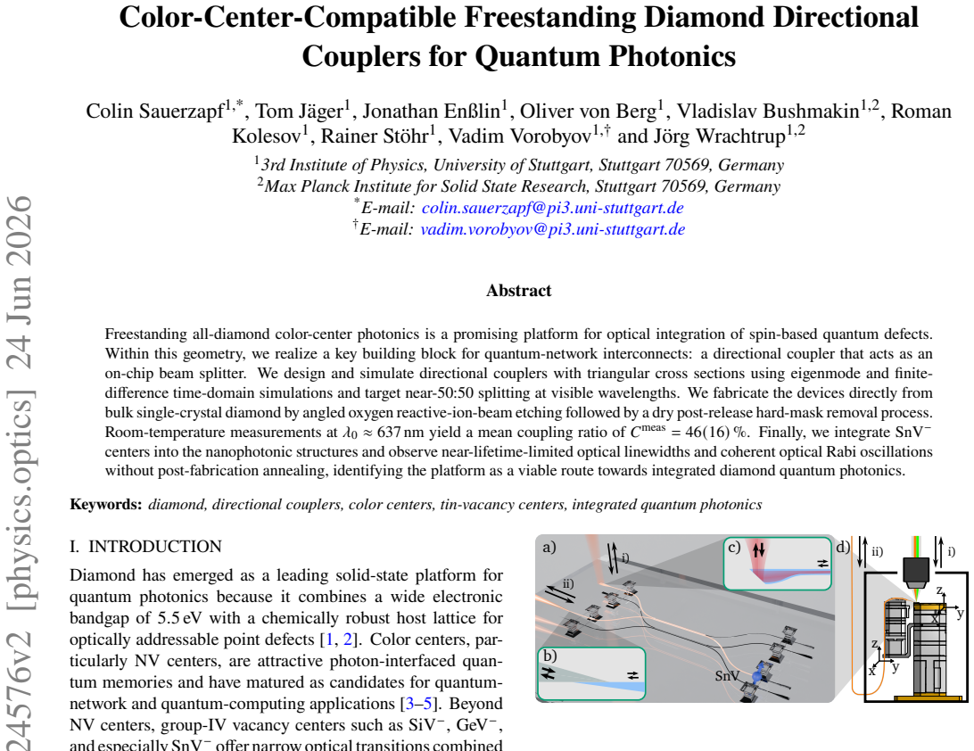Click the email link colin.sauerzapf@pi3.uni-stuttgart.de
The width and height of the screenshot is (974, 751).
(x=553, y=208)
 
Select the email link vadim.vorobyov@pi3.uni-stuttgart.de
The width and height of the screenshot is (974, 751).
(x=553, y=229)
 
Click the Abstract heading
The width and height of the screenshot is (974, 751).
(x=519, y=291)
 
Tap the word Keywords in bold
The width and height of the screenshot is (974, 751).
(x=105, y=505)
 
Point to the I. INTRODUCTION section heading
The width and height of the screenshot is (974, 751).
(x=145, y=547)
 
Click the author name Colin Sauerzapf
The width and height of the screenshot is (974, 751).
(x=154, y=111)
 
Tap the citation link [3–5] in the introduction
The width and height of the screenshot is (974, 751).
(x=419, y=704)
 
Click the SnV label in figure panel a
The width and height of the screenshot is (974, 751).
(x=727, y=676)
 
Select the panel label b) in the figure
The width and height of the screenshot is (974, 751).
(x=549, y=656)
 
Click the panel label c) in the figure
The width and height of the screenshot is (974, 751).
(x=735, y=548)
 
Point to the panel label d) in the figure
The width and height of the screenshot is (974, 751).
(x=843, y=548)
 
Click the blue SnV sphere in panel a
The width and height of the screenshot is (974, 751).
(x=757, y=676)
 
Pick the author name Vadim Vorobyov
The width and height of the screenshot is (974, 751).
(x=520, y=136)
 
